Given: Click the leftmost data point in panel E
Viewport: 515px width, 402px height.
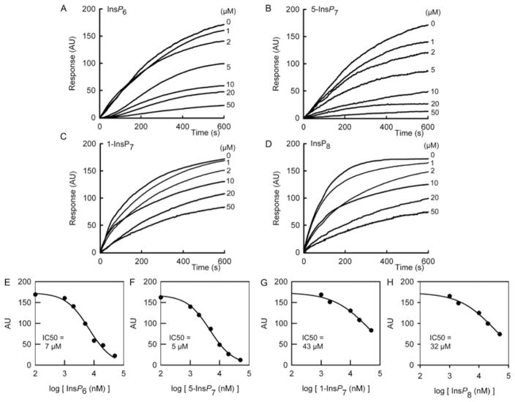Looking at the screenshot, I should tap(35, 295).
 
